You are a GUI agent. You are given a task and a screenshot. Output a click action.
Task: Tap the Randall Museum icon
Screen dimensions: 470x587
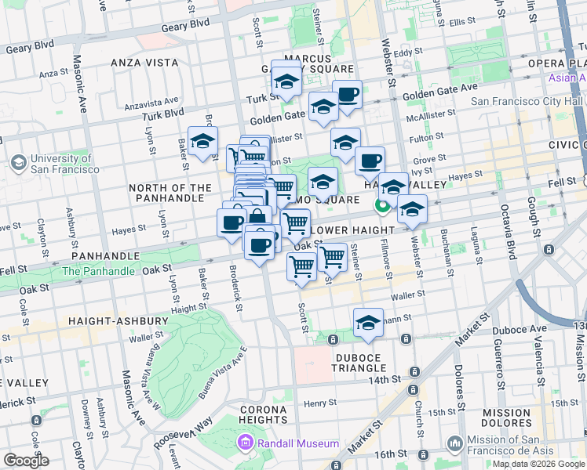246,444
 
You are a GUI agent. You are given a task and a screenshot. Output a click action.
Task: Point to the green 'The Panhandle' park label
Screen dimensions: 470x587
98,271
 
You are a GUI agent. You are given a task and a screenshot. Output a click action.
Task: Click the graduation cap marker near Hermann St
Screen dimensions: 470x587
368,323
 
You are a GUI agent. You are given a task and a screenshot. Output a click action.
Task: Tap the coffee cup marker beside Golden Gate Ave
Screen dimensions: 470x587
347,95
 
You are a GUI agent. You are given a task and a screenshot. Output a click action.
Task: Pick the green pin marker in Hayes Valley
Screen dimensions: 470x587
382,207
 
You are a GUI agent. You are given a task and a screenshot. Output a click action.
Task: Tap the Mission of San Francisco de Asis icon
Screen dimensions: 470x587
454,444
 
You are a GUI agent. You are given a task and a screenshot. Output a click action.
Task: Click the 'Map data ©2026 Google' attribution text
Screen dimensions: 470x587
538,464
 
